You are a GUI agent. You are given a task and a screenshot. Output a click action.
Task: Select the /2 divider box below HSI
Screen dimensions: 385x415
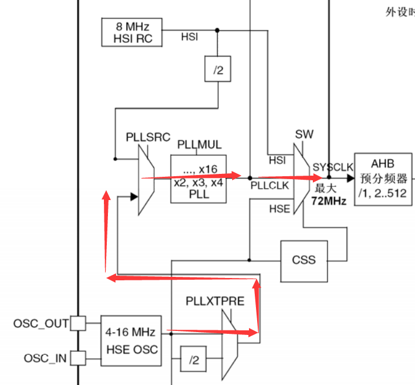[x=218, y=70]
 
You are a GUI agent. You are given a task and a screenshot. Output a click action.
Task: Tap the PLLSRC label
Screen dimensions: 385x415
[x=148, y=137]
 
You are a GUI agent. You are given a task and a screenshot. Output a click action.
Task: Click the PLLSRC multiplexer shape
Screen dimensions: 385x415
[x=146, y=180]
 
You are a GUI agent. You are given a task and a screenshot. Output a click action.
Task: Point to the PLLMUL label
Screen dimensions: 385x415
[x=199, y=144]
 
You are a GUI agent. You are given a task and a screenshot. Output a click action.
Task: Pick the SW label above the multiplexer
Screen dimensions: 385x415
[x=304, y=134]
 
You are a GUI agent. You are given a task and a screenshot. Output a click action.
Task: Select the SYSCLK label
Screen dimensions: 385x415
[x=333, y=167]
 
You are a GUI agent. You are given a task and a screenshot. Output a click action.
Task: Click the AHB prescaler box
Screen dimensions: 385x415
[x=384, y=179]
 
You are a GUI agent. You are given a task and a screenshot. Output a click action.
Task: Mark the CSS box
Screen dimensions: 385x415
[x=304, y=259]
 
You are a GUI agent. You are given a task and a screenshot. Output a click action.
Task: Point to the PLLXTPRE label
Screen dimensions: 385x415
[x=215, y=301]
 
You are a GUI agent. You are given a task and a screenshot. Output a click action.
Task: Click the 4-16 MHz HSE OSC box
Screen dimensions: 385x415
[x=130, y=341]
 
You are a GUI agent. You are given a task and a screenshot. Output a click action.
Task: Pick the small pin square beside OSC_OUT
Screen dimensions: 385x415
[x=78, y=323]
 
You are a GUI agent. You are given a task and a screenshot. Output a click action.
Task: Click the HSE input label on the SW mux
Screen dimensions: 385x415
[x=279, y=208]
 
